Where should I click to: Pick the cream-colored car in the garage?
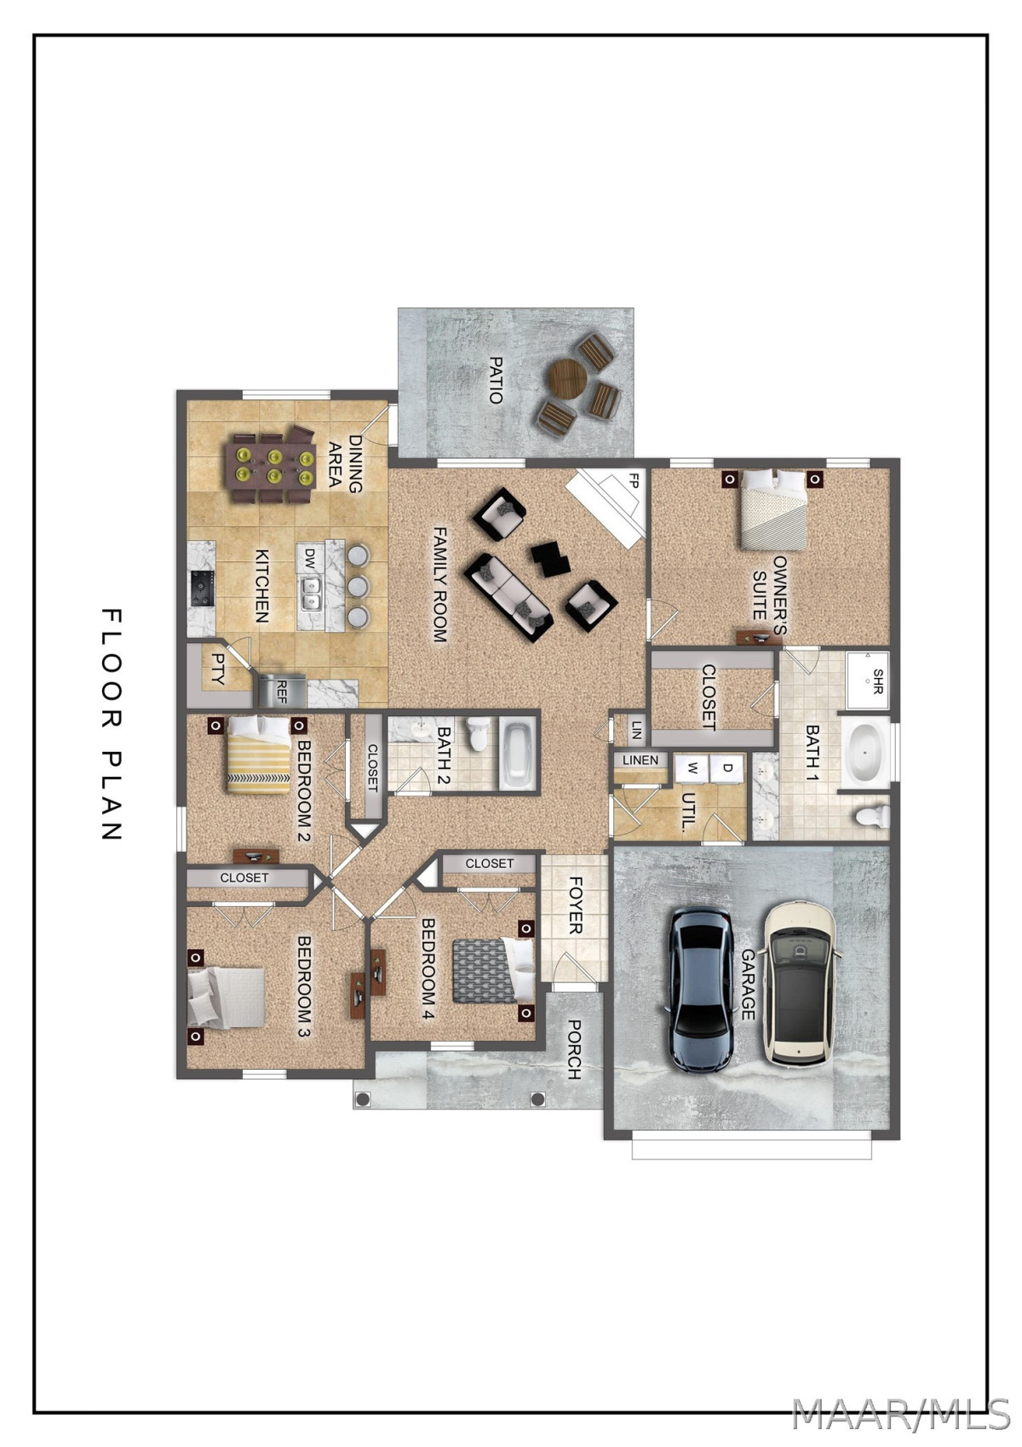pos(800,983)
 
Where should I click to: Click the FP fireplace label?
pos(634,481)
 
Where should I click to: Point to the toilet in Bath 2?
pos(478,735)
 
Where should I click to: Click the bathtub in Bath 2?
pos(520,753)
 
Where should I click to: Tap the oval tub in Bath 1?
pos(864,754)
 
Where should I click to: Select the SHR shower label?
pos(877,681)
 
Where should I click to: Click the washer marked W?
pos(692,769)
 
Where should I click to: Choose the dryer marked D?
pos(727,769)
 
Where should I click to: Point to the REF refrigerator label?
pos(282,691)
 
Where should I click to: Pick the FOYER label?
pos(575,905)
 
